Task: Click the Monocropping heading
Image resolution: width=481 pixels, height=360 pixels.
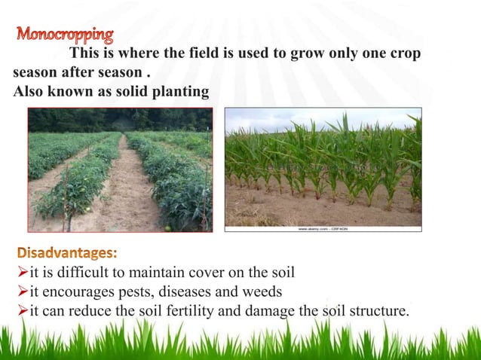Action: coord(66,35)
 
